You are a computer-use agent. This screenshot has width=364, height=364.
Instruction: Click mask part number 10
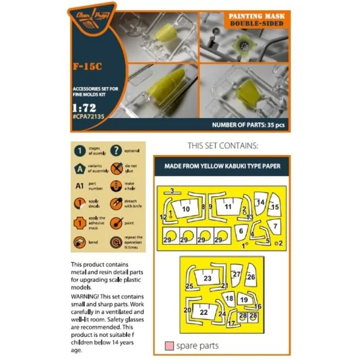[185, 210]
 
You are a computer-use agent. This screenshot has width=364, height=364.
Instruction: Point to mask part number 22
[204, 311]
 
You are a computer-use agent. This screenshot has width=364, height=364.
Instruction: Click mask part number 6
[241, 231]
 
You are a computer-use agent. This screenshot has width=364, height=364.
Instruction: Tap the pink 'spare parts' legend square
[168, 346]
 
